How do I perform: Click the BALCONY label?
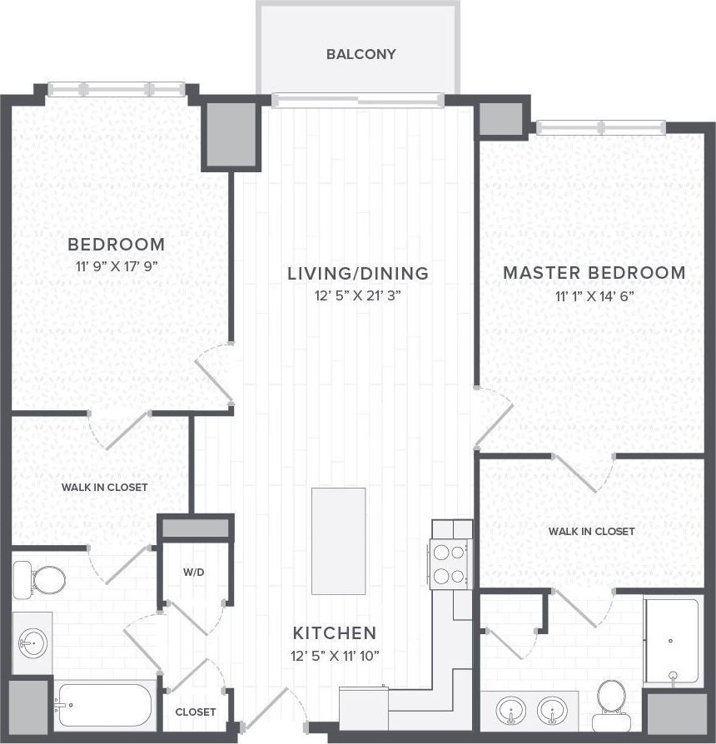360,55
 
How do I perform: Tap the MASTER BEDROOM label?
594,273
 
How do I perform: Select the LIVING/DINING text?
357,273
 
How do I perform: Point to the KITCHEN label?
334,632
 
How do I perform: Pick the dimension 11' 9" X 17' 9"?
116,266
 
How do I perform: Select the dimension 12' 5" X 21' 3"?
357,295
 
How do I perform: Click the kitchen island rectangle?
338,541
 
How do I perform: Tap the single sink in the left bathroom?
33,643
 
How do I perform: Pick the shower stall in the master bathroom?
672,641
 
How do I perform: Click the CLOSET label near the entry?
196,712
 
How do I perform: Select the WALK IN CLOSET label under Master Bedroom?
591,531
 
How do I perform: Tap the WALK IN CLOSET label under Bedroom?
104,487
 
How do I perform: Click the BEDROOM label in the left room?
116,245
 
